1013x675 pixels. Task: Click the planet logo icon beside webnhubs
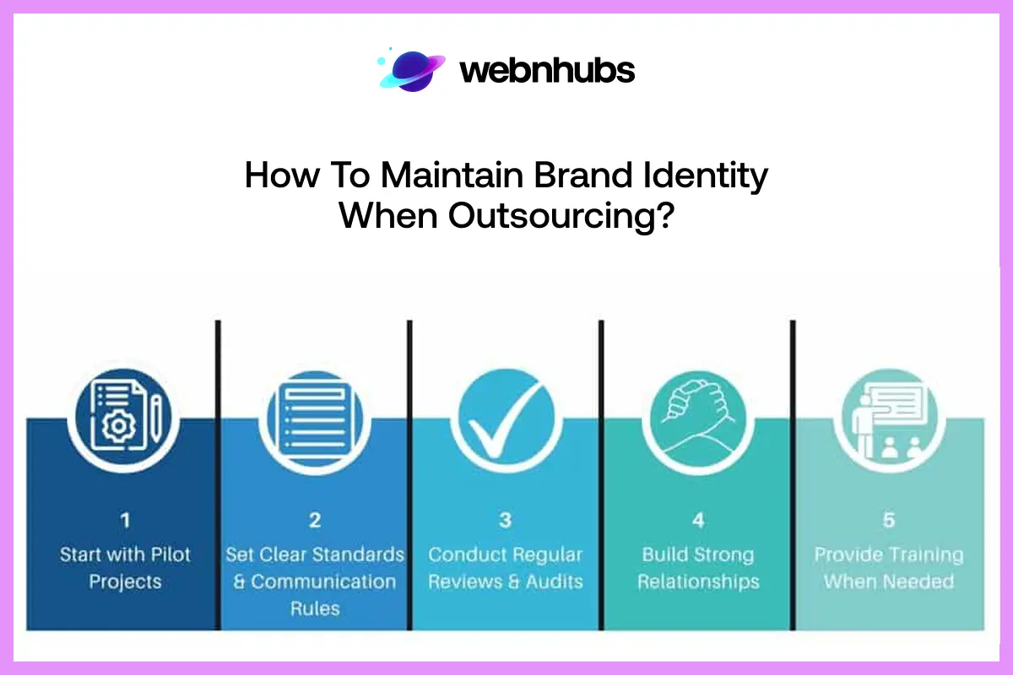410,70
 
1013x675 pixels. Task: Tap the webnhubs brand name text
547,71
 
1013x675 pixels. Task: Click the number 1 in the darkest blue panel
125,520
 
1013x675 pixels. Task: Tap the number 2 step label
315,520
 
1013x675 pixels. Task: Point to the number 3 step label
505,520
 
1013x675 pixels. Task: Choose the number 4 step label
698,520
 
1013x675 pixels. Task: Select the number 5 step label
888,520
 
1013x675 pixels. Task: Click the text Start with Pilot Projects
125,568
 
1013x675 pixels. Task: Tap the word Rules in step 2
314,608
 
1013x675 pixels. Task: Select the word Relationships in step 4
698,582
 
